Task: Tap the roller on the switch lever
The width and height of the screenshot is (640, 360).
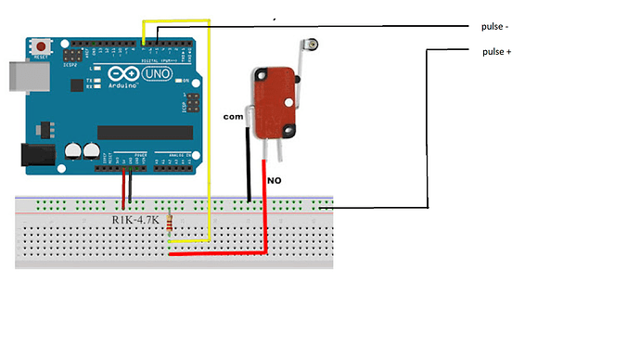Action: click(315, 44)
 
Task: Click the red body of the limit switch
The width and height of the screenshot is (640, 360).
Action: click(273, 102)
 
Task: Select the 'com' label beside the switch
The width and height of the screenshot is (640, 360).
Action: click(233, 118)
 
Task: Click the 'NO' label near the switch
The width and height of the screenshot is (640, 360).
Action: click(274, 180)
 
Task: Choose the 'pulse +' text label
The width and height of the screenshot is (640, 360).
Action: click(497, 52)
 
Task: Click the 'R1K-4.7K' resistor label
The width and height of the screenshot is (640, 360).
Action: click(137, 220)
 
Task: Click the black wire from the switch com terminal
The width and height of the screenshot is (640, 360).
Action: click(249, 167)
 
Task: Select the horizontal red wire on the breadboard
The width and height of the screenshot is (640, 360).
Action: click(218, 252)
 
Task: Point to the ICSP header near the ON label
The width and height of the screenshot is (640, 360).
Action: click(193, 96)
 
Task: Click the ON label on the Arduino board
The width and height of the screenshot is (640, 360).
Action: click(186, 82)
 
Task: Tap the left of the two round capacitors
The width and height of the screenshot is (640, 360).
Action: click(72, 149)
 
